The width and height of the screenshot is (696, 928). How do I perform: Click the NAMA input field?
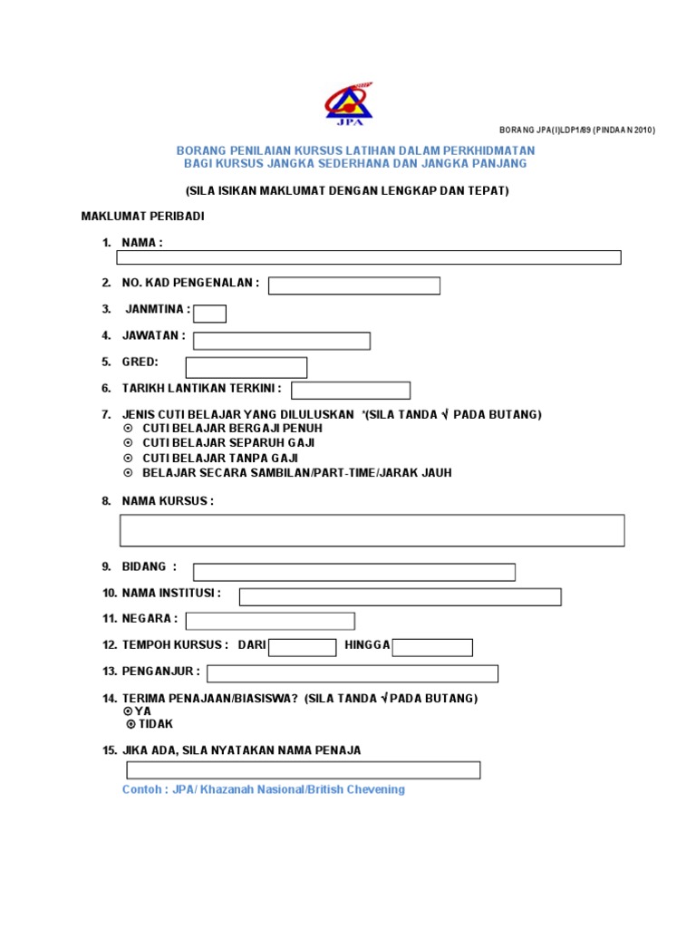(369, 257)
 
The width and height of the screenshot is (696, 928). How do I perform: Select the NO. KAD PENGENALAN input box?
(353, 286)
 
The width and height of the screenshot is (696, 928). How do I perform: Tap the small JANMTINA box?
(210, 314)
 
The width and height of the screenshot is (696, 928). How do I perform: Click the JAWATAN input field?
(282, 341)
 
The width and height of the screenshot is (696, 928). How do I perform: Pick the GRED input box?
(246, 367)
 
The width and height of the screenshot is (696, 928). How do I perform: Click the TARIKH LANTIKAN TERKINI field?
(351, 391)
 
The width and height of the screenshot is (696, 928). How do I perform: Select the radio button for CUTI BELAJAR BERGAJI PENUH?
(128, 429)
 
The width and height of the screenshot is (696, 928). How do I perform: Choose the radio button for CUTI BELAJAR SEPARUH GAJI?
(128, 443)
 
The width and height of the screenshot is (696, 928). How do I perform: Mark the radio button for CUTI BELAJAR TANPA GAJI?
(128, 459)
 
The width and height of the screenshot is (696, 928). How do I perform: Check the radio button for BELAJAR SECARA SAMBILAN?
(128, 473)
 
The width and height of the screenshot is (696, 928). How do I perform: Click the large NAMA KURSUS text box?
(372, 530)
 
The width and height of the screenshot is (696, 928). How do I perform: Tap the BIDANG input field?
(353, 572)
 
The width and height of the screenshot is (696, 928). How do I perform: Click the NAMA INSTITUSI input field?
(400, 597)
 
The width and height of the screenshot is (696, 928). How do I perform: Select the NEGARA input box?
(270, 621)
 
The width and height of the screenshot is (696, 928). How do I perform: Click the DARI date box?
(303, 647)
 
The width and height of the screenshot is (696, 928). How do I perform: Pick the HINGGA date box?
(432, 647)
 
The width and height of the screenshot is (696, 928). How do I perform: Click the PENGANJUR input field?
(353, 673)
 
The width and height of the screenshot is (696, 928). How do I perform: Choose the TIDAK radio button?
(130, 724)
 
